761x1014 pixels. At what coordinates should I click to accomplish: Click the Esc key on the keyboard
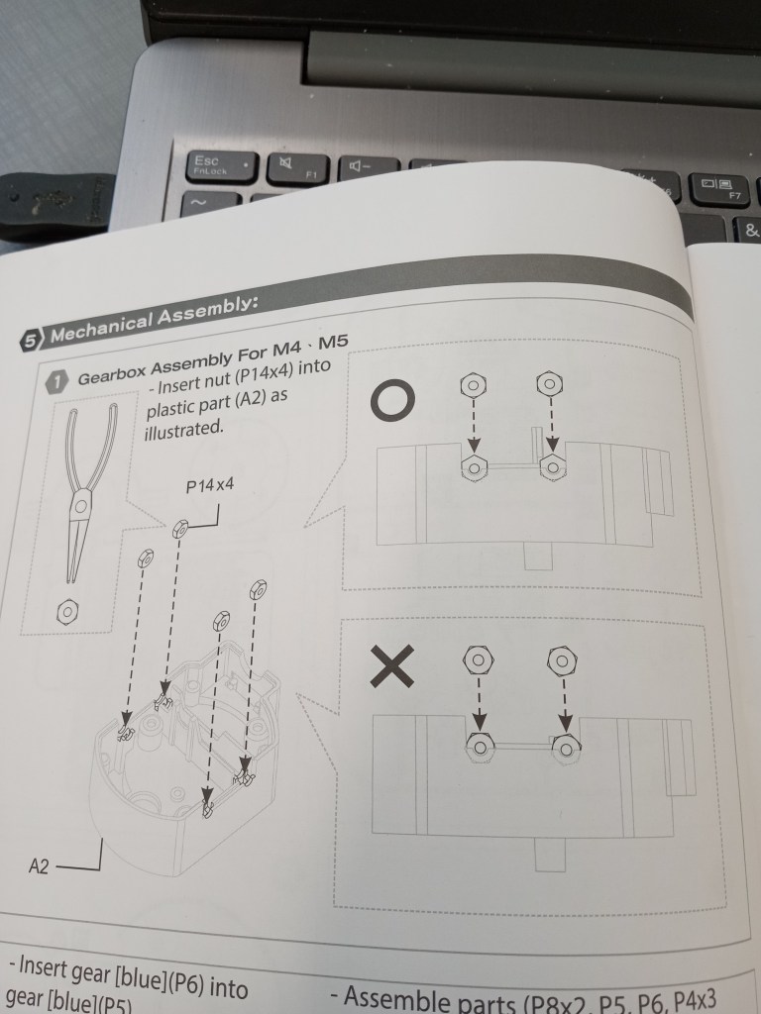click(209, 164)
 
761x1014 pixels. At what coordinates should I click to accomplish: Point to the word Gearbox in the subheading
click(116, 374)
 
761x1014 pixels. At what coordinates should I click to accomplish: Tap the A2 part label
click(41, 869)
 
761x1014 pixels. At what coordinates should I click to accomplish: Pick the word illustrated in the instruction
click(185, 429)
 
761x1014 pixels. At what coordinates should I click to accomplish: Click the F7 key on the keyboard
click(718, 186)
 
